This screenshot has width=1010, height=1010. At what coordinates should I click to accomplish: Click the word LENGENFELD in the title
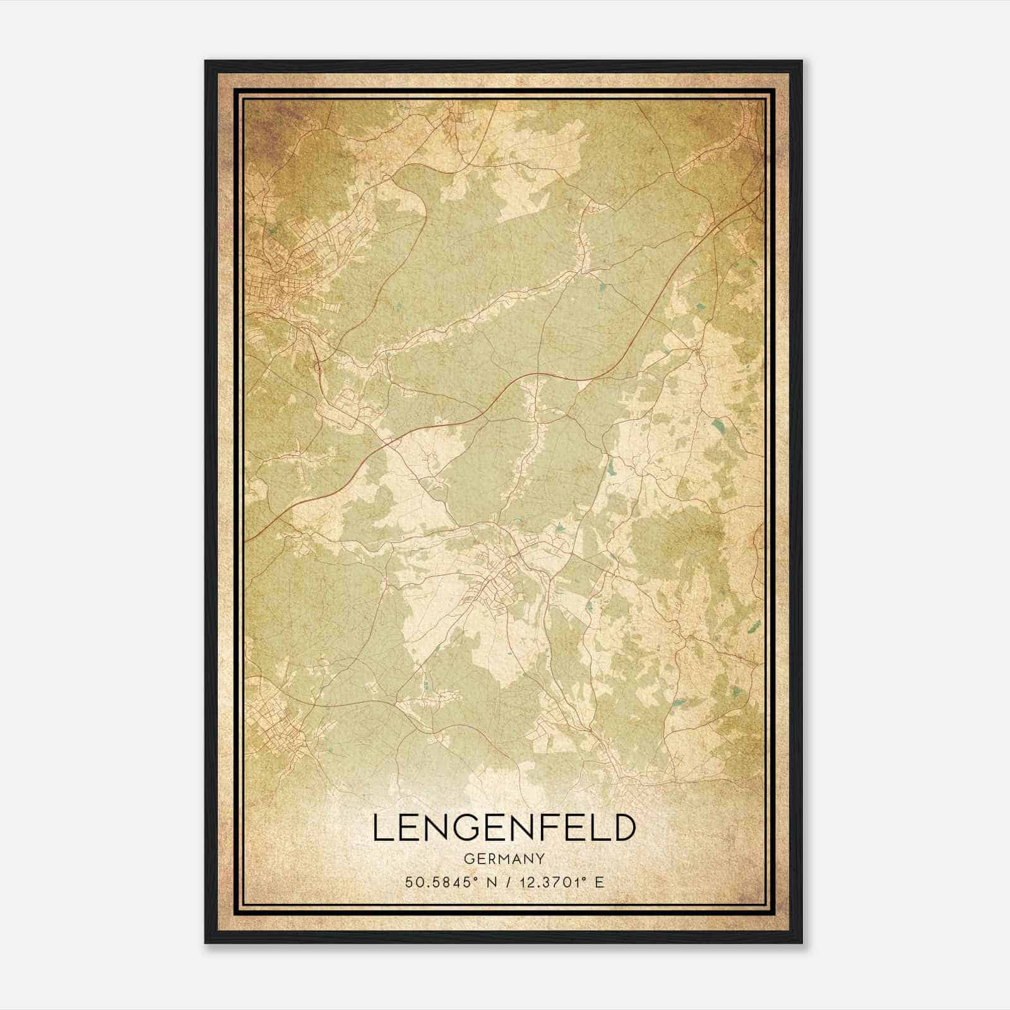[503, 828]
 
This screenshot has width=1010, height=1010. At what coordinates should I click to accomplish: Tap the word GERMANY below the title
[503, 858]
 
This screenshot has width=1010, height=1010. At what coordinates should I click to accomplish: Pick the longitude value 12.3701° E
[559, 882]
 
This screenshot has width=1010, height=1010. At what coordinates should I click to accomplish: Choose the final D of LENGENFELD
[622, 828]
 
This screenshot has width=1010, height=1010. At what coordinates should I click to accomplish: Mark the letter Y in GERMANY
[539, 858]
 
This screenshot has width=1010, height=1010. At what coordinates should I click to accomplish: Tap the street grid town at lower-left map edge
[271, 726]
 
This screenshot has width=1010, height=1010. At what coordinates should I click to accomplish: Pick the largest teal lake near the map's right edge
[718, 429]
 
